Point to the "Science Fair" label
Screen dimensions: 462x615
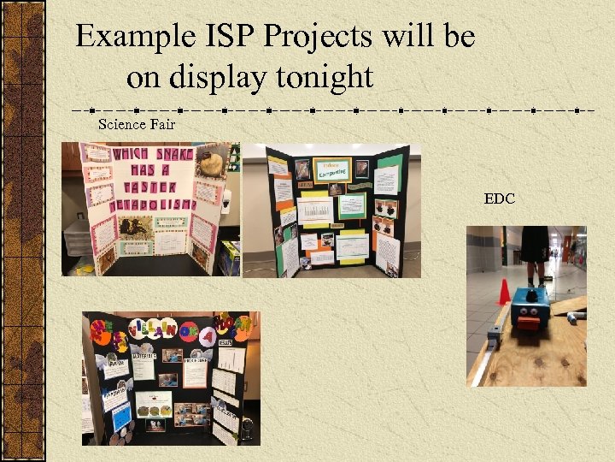point(137,124)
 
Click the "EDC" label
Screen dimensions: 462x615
point(499,198)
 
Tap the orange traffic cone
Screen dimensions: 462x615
point(505,293)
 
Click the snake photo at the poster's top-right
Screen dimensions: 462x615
point(214,163)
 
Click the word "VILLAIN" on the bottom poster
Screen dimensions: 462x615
point(162,329)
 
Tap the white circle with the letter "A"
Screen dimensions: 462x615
point(206,336)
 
